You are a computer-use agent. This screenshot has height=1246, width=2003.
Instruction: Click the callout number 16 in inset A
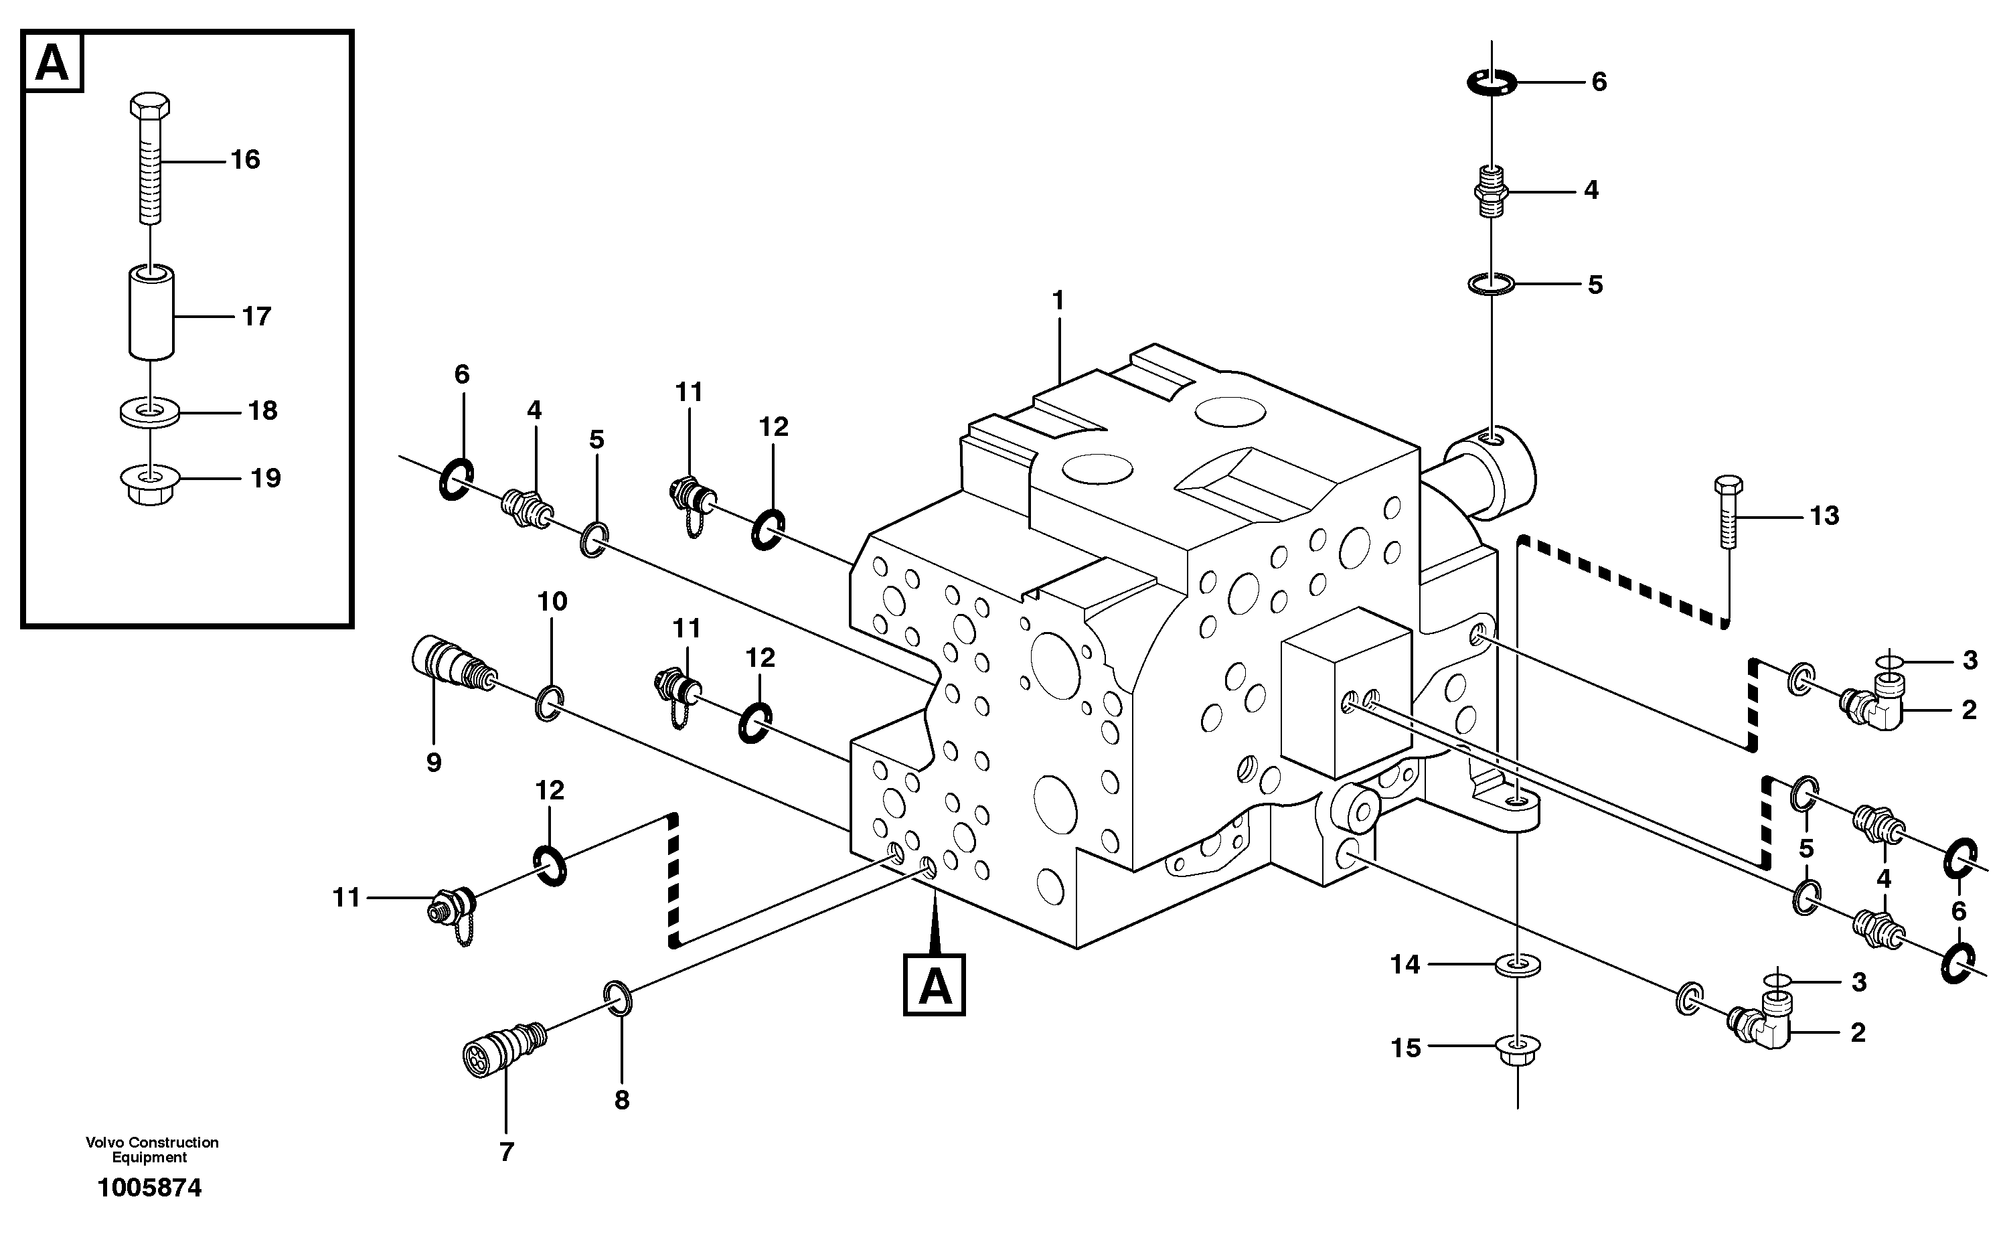[245, 160]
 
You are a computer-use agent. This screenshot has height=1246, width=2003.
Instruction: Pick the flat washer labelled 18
[151, 411]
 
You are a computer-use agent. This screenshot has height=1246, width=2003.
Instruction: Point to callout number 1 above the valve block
[1058, 301]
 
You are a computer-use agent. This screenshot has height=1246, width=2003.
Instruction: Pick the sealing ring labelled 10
[549, 702]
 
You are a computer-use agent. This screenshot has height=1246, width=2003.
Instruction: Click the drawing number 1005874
[149, 1188]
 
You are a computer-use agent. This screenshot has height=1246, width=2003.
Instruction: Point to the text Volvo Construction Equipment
[151, 1149]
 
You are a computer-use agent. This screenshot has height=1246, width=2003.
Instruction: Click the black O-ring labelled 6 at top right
[1492, 82]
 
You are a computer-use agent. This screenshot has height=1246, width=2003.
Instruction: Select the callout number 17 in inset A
[256, 317]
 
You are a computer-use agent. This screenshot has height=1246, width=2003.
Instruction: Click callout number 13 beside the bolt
[1824, 516]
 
